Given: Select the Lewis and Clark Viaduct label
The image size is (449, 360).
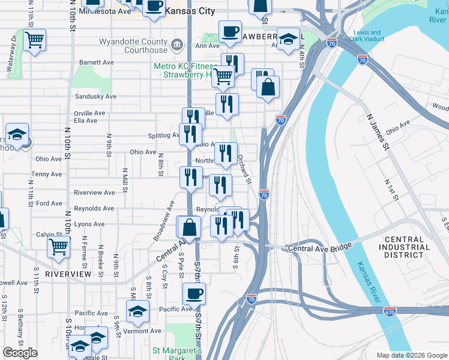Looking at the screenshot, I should pos(367,36).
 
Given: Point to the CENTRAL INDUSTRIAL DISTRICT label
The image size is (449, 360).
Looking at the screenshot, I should pos(404,247).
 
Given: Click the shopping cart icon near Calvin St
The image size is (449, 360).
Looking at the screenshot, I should pos(59,246).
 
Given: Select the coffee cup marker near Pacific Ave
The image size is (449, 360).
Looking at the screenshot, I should pos(193,294).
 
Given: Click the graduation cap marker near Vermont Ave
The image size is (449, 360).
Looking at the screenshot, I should pos(137,311).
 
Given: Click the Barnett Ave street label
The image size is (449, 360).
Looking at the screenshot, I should pos(97,62).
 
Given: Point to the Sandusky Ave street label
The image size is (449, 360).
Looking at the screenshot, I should pos(95,97).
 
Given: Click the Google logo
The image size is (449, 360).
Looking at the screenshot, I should pos(20,353).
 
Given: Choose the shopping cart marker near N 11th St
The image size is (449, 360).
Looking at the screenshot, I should pos(34,40).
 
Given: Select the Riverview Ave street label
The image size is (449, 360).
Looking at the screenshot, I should pos(94,193).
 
